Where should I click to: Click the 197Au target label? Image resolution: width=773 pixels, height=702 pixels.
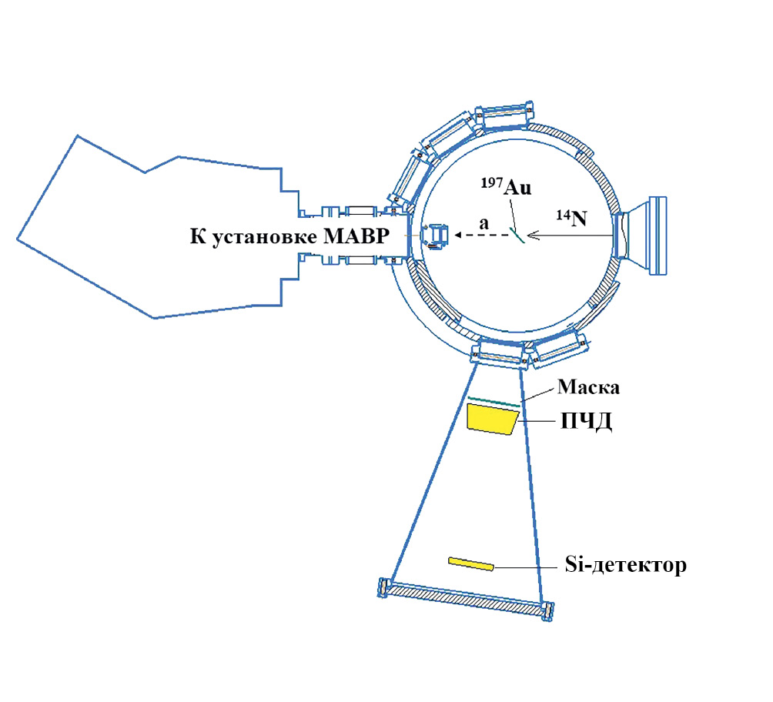click(507, 188)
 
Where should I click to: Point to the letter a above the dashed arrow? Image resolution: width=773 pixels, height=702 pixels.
click(484, 222)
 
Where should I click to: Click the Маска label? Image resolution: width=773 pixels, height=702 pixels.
click(589, 387)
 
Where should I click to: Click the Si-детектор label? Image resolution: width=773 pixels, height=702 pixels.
click(621, 567)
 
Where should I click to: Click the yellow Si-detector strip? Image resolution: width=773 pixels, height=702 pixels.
click(471, 564)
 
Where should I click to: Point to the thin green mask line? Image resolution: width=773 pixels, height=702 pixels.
click(493, 401)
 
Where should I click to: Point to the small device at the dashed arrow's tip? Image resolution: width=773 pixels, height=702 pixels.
click(439, 236)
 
